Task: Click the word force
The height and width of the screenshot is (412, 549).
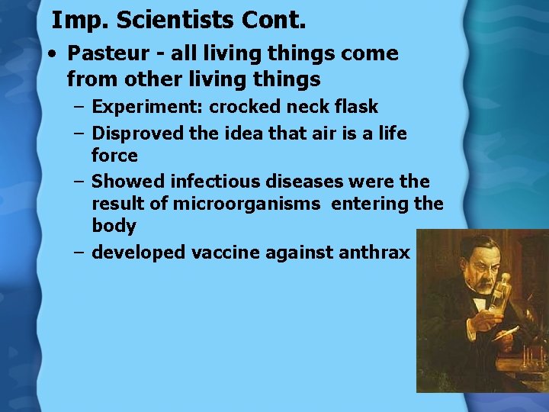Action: click(x=114, y=156)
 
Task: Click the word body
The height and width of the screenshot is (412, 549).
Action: click(x=114, y=226)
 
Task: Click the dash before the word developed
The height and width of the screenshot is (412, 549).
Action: click(x=79, y=253)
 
